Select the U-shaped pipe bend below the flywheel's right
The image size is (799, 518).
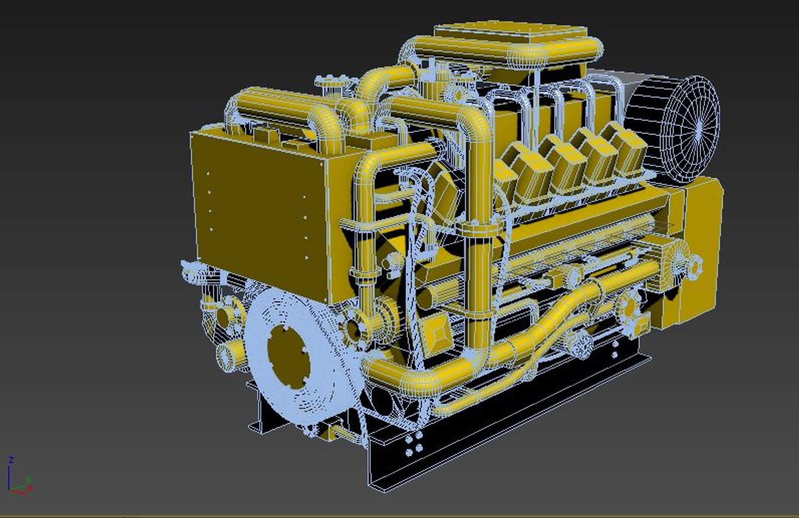(x=422, y=379)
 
